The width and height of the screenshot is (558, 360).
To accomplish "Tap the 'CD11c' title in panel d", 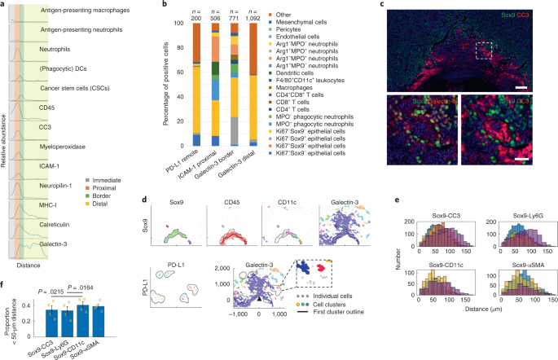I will (x=274, y=198).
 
